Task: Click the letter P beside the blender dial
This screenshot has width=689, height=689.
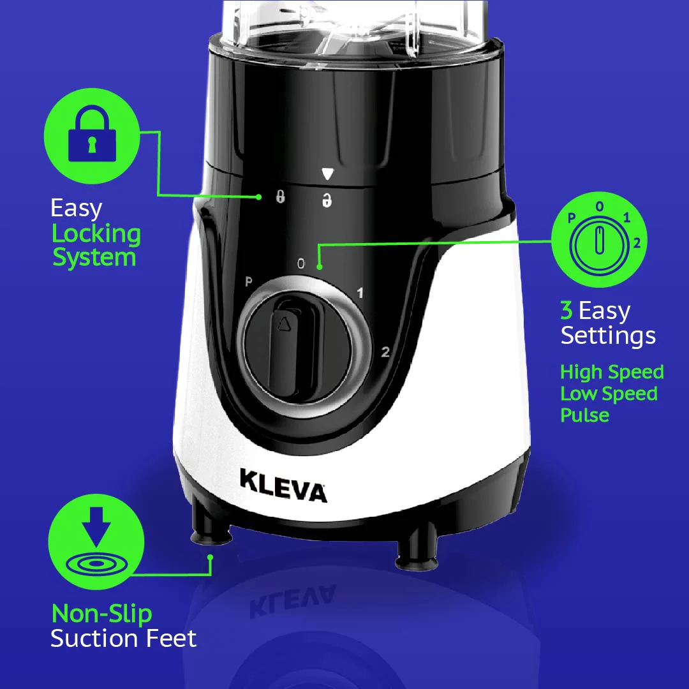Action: coord(249,281)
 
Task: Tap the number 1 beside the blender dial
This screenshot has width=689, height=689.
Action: coord(360,293)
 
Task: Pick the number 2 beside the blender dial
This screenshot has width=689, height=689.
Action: coord(385,352)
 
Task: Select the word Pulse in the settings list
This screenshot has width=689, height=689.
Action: coord(584,415)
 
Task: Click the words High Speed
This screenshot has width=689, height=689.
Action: coord(612,372)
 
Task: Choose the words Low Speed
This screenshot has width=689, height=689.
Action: coord(609,394)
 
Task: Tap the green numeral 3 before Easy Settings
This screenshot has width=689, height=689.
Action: coord(567,311)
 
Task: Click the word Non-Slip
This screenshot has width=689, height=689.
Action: coord(101,614)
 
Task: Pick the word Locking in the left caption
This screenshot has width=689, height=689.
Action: coord(96,233)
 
